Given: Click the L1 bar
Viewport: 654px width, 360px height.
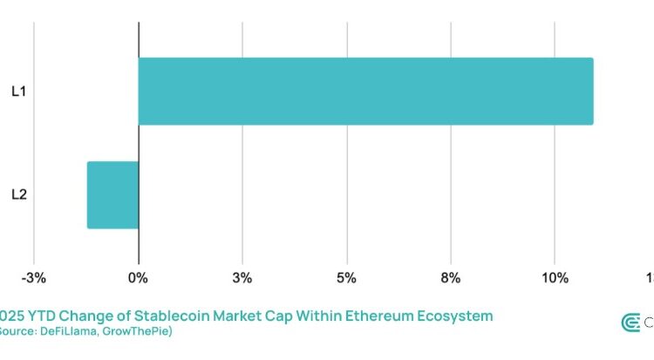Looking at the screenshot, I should tap(365, 91).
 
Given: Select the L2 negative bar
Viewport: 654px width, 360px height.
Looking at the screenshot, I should tap(112, 194).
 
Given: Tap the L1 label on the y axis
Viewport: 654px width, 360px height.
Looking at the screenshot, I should tap(18, 91).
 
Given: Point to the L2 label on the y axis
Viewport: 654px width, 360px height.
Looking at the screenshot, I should tap(18, 194).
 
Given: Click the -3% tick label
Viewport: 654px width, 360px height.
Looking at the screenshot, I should tap(34, 278).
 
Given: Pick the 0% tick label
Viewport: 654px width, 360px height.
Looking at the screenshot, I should tap(138, 278).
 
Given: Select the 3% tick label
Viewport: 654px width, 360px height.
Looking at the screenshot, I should tap(242, 278).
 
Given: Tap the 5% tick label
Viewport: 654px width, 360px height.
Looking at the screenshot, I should tap(347, 278).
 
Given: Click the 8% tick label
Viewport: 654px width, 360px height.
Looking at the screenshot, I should tap(451, 278).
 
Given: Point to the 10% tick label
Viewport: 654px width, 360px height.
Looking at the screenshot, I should tap(555, 278).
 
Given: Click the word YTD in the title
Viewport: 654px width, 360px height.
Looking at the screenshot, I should tap(44, 315).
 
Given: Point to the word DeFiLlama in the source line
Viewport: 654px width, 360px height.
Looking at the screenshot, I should tap(74, 331).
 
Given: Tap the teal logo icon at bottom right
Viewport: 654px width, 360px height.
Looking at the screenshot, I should tap(630, 323).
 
